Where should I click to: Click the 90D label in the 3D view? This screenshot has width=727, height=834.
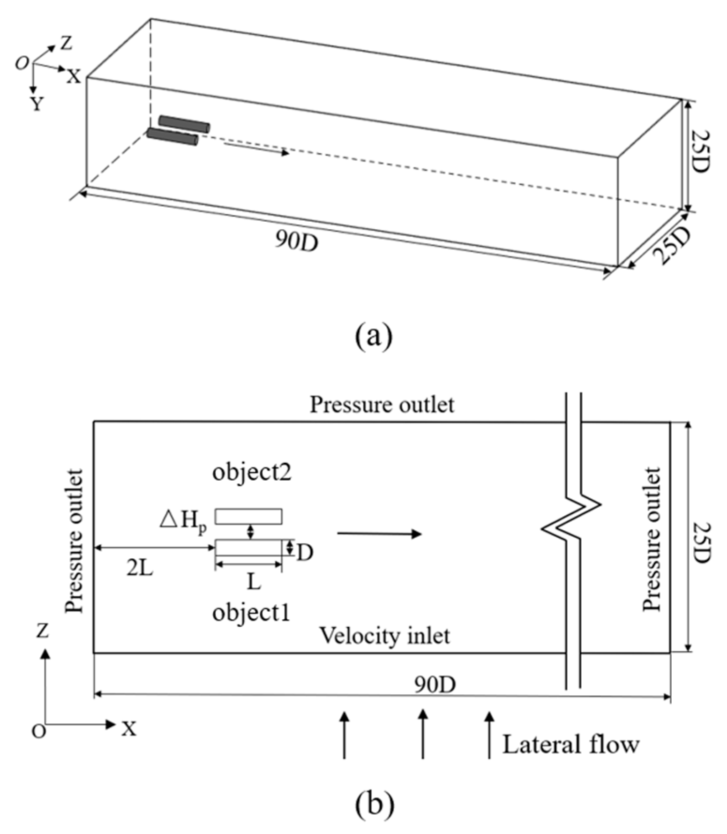coord(296,241)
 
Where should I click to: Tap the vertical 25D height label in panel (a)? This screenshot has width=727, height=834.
coord(700,151)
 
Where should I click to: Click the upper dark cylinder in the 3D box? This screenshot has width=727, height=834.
coord(184,123)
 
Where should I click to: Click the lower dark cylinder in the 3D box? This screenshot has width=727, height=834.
coord(172,136)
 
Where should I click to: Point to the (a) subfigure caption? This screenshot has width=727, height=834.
coord(373,336)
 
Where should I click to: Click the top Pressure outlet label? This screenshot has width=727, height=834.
coord(382,405)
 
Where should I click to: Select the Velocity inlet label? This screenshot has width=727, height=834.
coord(384,636)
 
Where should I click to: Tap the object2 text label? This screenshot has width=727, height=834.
coord(252,472)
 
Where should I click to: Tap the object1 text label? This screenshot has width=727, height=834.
coord(251,613)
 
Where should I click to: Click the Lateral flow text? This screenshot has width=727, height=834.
coord(570,744)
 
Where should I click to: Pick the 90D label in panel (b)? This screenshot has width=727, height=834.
coord(435,685)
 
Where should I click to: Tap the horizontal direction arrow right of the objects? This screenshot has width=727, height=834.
coord(379,533)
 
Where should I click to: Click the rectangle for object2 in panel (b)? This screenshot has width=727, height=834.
coord(248,516)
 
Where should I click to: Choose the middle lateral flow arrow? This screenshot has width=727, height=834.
coord(423,733)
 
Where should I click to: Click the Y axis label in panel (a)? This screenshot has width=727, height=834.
coord(37,104)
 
